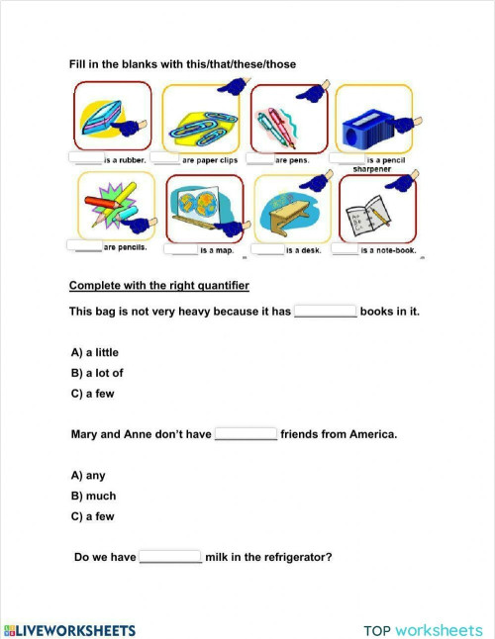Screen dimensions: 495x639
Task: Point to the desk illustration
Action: [x=292, y=210]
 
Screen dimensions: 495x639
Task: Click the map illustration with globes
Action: [x=204, y=210]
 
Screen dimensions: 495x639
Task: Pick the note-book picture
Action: [x=375, y=210]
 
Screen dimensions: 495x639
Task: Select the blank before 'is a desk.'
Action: [x=267, y=250]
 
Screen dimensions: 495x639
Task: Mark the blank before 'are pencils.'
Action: [x=83, y=246]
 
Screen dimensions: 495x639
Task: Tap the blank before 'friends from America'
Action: [x=246, y=434]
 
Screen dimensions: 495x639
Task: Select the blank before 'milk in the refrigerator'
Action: [x=170, y=558]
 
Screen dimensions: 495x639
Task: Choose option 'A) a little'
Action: [x=95, y=352]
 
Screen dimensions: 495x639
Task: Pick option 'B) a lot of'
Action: [x=97, y=373]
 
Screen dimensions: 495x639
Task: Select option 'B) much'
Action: [x=93, y=496]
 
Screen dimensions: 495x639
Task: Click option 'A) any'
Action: [x=88, y=475]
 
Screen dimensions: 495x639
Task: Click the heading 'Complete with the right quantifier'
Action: [x=158, y=286]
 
